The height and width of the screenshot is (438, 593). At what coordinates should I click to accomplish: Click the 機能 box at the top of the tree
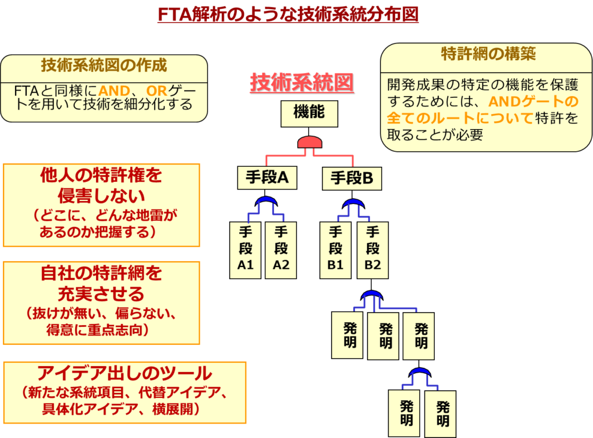(309, 113)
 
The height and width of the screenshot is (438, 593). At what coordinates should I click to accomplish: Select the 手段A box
(267, 178)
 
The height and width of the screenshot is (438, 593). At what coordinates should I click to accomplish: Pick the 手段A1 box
(246, 250)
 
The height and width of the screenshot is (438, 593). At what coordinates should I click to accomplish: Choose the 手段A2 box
(281, 250)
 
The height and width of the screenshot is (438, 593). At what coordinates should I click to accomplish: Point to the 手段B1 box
(335, 250)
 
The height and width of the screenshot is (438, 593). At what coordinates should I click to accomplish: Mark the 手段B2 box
(372, 250)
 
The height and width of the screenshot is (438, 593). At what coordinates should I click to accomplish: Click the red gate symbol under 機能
(309, 143)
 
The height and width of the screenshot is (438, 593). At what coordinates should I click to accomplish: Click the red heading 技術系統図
(302, 83)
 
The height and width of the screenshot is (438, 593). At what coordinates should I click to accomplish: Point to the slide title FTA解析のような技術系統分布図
(288, 14)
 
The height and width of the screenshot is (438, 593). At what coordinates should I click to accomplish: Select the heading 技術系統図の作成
(104, 65)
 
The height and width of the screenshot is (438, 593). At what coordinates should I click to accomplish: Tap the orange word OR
(156, 91)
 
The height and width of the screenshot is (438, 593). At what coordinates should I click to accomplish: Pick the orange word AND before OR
(114, 91)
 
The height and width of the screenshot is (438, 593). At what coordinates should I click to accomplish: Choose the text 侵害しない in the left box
(101, 196)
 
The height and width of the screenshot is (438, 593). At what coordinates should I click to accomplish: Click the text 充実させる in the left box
(101, 293)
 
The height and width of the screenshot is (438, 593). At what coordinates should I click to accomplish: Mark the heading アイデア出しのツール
(125, 374)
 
